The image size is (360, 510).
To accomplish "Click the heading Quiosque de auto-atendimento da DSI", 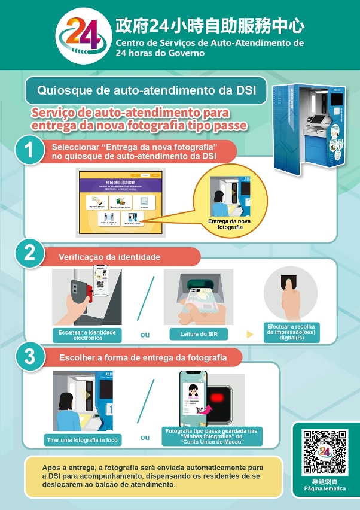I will (x=147, y=90).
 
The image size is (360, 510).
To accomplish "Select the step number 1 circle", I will (x=28, y=150).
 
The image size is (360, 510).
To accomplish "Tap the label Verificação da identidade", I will (x=109, y=257).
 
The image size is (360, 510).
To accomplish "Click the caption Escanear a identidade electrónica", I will (x=87, y=335).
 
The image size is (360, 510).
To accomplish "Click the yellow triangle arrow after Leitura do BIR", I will (x=250, y=334).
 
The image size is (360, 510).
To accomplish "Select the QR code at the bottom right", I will (x=324, y=452).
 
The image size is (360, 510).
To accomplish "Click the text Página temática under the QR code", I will (x=324, y=488).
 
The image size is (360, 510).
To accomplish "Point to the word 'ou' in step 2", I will (x=145, y=335).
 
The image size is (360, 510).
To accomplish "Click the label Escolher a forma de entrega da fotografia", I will (x=143, y=358).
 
